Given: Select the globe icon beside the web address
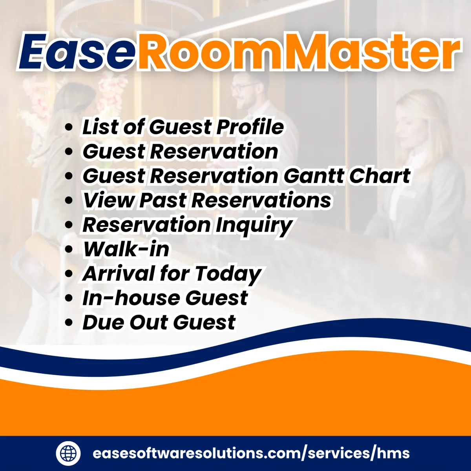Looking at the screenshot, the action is click(x=68, y=453).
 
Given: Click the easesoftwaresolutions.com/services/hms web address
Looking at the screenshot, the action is click(x=251, y=453).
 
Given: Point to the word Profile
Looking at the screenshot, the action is click(x=250, y=127).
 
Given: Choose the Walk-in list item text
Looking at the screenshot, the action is click(x=126, y=249).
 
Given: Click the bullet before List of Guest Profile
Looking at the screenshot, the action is click(x=69, y=127).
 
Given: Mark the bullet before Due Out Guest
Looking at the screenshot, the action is click(x=69, y=323).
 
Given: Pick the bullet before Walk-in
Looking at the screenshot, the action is click(x=69, y=250).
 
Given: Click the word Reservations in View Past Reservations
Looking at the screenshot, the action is click(x=261, y=200).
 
